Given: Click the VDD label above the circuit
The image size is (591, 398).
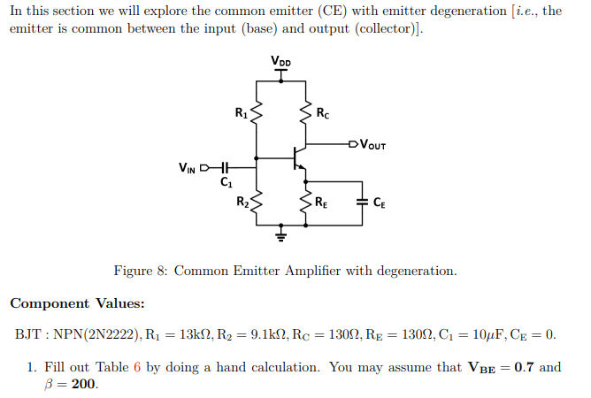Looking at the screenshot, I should click(281, 61).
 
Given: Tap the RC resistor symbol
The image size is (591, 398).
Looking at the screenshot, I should click(305, 113).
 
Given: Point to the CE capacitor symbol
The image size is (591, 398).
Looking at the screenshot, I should click(362, 203).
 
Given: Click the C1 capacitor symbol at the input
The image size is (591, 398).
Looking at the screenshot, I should click(225, 165).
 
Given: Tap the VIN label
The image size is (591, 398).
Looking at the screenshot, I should click(188, 165).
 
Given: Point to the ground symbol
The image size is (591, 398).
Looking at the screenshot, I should click(281, 235).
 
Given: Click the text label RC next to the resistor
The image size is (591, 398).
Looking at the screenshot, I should click(323, 112).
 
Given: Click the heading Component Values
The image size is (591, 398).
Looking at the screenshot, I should click(77, 303).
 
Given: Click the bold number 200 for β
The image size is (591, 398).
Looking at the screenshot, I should click(83, 385).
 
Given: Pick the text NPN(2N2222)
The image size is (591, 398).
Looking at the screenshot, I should click(95, 335).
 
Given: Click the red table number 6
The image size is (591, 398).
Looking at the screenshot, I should click(137, 367).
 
